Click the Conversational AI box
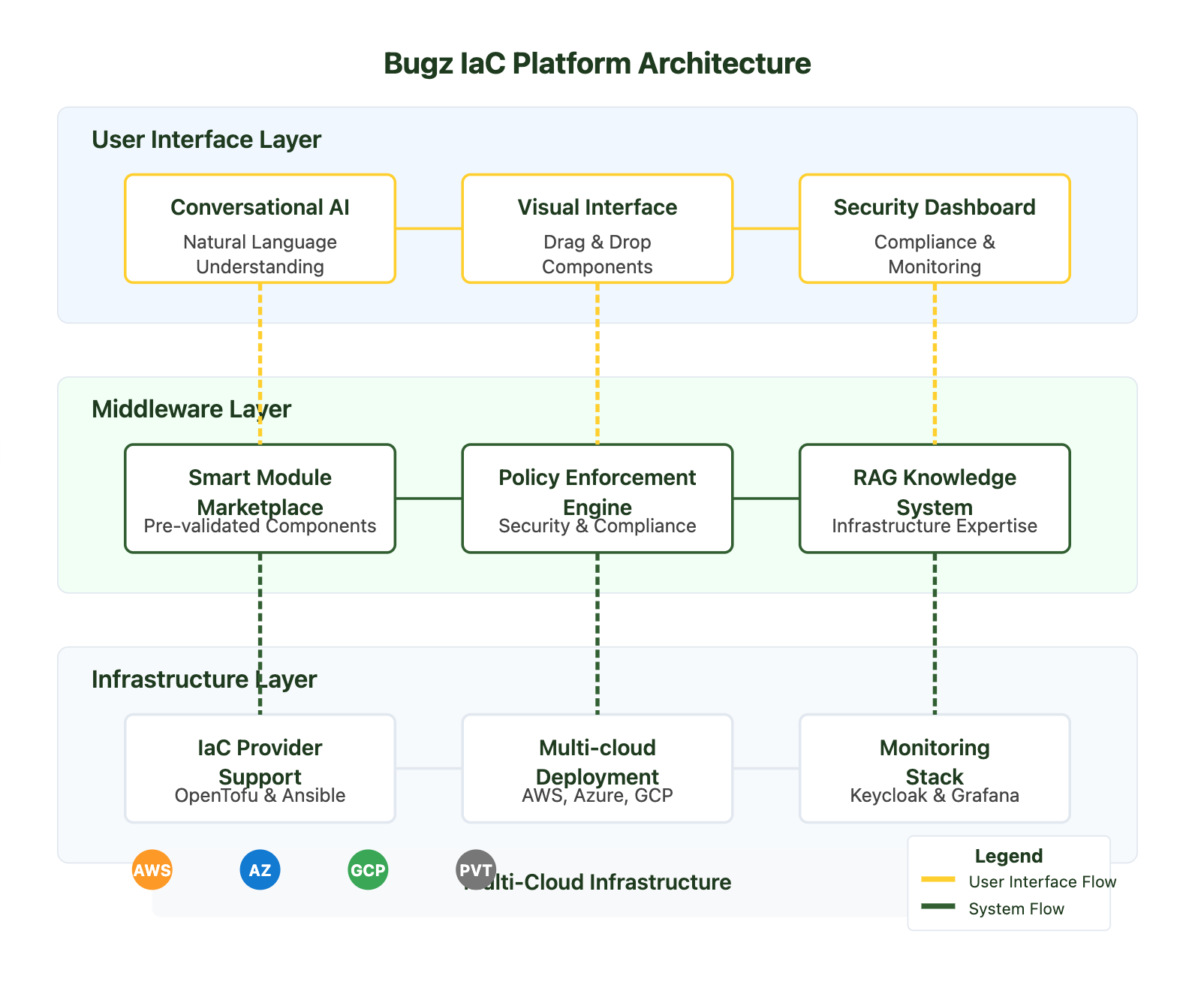260,229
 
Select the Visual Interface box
597,229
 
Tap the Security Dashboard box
934,229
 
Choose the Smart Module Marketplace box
260,499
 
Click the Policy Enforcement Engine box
597,499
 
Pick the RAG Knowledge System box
934,499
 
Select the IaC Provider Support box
260,768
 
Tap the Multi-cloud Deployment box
597,768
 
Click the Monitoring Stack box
934,768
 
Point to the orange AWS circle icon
152,870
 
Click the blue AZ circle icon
260,870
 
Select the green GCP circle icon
368,870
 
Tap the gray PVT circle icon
476,870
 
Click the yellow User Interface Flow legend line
938,879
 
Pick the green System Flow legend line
938,906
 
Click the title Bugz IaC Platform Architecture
597,64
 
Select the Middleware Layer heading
191,409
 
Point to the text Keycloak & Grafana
934,796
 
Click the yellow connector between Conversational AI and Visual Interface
428,228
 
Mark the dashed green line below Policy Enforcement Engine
597,634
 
